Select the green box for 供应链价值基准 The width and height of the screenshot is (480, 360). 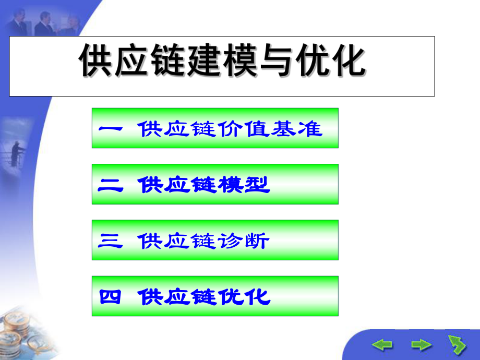point(215,128)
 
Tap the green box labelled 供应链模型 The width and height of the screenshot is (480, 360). point(215,184)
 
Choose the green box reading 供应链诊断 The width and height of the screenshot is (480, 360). point(215,240)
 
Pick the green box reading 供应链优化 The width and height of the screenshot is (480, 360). point(215,296)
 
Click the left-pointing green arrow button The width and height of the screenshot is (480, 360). point(381,344)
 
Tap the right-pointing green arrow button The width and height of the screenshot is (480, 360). point(421,344)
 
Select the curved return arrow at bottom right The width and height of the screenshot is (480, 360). point(457,344)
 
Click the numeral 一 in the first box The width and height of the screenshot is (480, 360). point(110,129)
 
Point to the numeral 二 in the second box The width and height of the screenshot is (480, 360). point(110,185)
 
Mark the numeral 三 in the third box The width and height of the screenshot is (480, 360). point(110,241)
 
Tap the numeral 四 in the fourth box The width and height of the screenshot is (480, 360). point(110,297)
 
